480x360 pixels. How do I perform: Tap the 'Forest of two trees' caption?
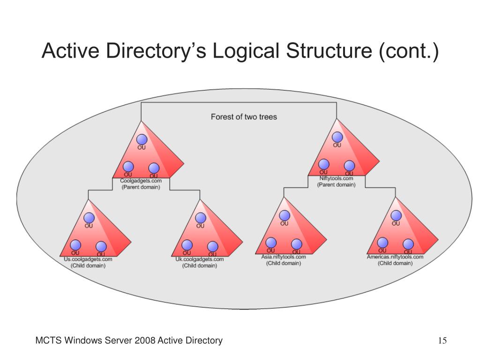pos(244,117)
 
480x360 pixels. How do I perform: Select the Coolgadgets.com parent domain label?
pos(141,181)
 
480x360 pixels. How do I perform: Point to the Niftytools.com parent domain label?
pos(336,178)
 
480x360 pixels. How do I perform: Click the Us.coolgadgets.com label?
pos(88,259)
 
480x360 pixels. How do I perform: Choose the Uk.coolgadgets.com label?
pos(200,259)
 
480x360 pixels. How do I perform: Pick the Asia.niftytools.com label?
pos(284,257)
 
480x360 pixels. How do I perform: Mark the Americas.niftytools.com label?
pos(395,257)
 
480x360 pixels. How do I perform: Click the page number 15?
pos(442,341)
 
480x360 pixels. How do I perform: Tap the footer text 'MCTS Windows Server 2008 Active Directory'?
pos(129,341)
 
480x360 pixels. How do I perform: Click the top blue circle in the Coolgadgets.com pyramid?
pos(142,139)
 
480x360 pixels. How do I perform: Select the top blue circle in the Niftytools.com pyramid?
pos(337,137)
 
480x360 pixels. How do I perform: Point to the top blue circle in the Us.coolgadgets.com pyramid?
pos(89,217)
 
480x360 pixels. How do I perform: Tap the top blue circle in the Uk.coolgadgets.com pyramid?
pos(200,218)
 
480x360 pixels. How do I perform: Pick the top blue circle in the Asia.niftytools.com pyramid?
pos(284,216)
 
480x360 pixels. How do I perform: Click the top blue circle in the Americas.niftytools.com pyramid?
pos(396,216)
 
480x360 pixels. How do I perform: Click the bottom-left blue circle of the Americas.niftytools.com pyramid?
pos(382,242)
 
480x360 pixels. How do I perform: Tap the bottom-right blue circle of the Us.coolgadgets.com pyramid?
pos(101,247)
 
